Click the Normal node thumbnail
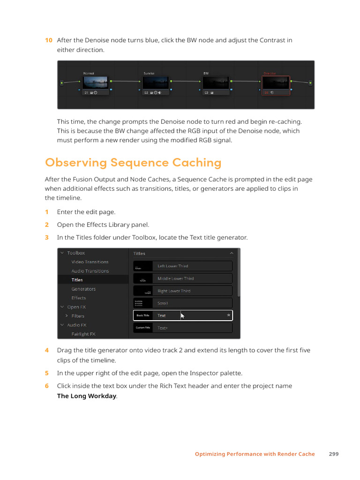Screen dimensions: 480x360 96,83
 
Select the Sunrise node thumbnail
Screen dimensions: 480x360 156,83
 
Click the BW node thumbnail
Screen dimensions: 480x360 216,83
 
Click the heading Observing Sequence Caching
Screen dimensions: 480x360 133,163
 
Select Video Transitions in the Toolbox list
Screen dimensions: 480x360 90,262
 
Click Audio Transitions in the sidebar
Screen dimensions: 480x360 90,271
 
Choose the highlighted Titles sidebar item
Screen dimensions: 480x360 77,280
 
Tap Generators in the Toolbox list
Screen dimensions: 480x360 83,289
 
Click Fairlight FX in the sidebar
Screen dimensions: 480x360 83,334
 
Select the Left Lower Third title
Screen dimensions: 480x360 183,266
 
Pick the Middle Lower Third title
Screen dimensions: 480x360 183,278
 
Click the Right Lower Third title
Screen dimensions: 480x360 183,291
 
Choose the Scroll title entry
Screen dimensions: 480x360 183,303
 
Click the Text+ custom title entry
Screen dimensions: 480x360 183,328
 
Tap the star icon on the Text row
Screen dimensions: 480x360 228,315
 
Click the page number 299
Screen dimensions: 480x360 333,454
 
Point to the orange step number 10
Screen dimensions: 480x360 48,40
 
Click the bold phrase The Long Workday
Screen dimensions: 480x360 86,396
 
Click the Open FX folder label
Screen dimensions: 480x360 76,307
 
